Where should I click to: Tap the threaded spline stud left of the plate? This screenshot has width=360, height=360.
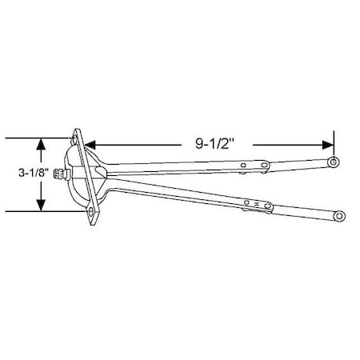59,177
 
